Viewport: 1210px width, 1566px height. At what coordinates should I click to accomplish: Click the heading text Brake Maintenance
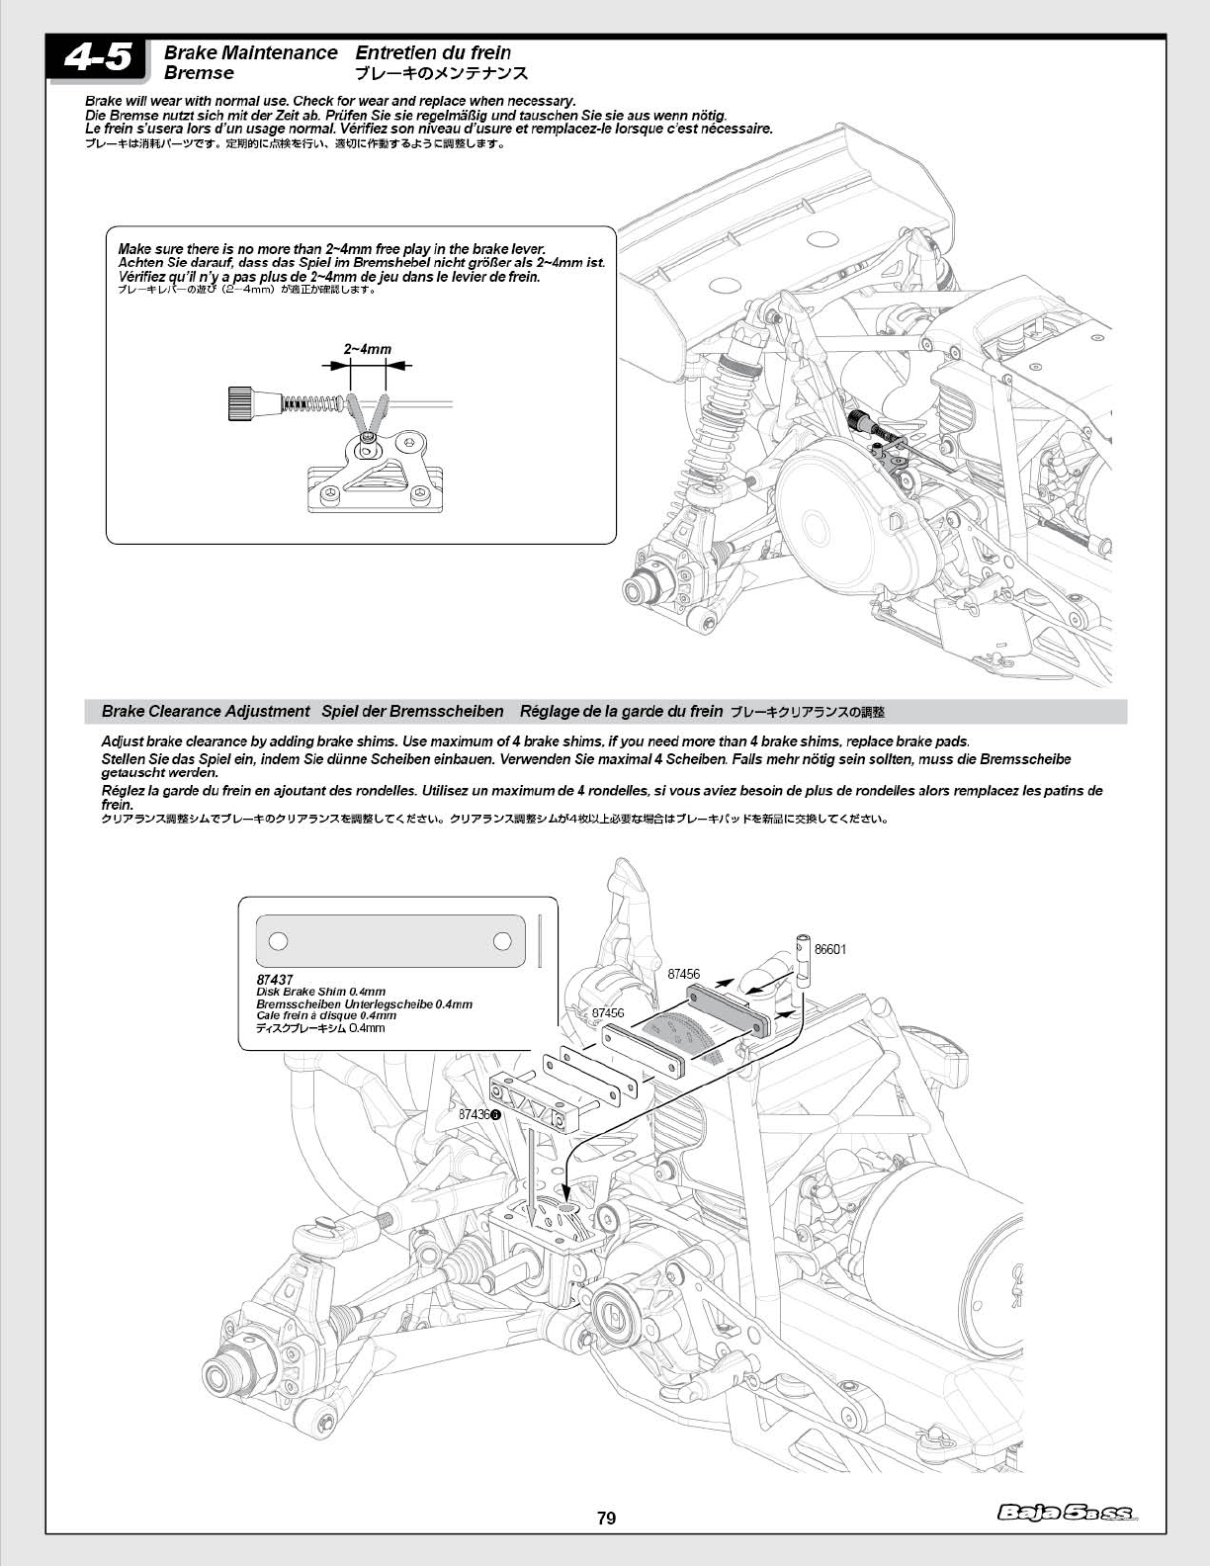[250, 52]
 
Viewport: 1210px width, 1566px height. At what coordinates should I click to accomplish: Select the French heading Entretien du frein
[433, 52]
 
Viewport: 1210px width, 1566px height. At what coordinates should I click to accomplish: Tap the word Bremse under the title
[199, 73]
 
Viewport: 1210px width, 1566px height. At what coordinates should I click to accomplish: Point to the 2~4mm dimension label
[368, 349]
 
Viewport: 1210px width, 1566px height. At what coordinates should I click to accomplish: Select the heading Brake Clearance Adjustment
[206, 711]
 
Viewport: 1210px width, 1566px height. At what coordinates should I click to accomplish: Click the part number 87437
[274, 979]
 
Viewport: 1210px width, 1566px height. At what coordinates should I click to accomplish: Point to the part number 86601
[830, 949]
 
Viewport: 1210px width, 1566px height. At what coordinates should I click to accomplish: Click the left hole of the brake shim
[279, 940]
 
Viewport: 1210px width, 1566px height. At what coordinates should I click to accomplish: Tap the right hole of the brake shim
[502, 940]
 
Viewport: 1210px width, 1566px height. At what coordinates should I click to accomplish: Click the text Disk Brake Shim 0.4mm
[320, 992]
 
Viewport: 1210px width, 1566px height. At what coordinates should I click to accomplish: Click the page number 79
[606, 1518]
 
